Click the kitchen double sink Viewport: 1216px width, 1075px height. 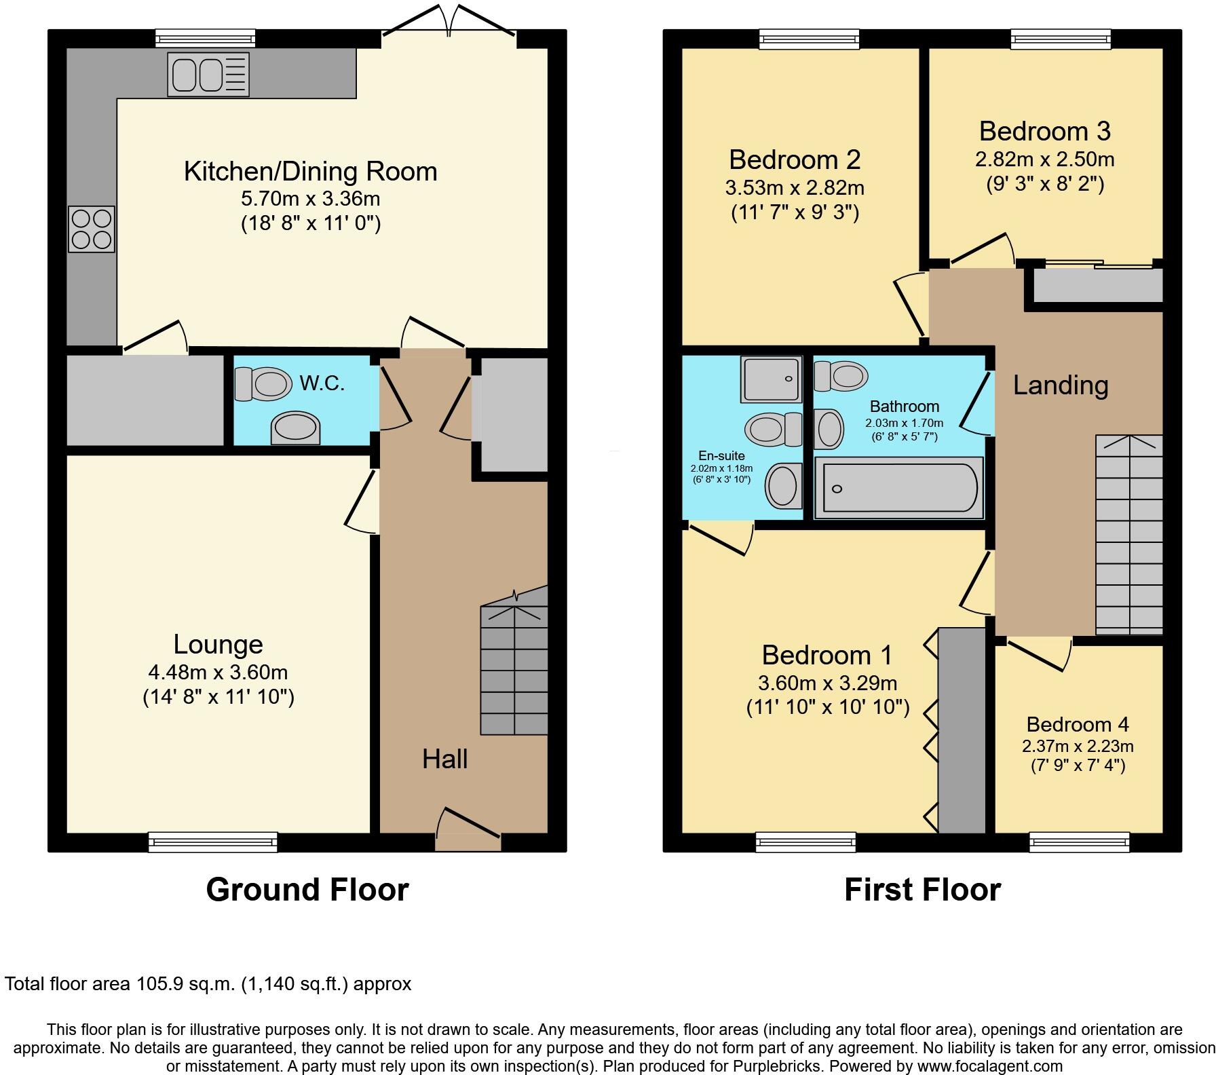208,75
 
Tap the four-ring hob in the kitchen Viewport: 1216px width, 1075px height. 91,229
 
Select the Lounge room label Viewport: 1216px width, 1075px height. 218,644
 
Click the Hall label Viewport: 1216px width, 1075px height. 444,759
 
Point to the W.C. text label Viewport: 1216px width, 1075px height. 322,383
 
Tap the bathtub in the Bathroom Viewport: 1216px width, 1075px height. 898,488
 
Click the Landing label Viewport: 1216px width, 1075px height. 1061,385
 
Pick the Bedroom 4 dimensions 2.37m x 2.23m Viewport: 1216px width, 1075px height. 1078,747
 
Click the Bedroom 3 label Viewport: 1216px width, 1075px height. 1044,131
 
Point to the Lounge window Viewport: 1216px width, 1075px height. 213,842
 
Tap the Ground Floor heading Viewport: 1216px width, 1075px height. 307,890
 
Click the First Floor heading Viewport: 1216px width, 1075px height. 922,890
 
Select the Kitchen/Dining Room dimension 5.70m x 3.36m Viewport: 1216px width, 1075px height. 310,199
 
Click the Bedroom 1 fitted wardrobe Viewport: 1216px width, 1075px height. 962,730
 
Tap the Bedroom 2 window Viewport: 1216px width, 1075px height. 809,39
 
